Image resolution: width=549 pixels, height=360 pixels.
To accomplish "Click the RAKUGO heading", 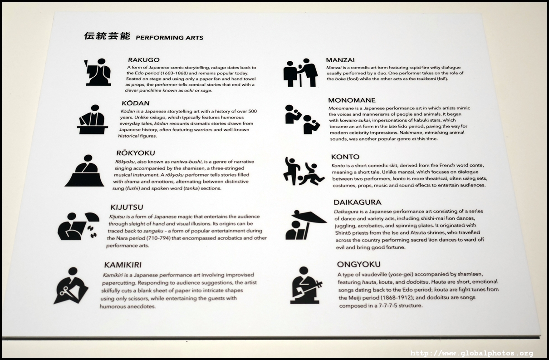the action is point(144,60).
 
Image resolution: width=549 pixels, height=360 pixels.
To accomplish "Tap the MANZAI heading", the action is point(340,60).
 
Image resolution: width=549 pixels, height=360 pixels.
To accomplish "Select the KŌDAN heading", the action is point(136,103).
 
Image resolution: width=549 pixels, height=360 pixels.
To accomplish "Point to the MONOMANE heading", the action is point(352,100).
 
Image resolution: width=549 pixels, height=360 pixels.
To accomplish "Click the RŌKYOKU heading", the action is point(136,153).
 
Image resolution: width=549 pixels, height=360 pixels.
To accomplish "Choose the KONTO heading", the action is point(345,157).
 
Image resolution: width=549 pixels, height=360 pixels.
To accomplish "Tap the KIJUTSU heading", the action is point(127,207).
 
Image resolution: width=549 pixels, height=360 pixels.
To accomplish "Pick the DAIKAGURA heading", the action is point(358,202).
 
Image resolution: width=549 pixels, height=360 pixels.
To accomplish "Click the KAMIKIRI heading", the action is point(123,265).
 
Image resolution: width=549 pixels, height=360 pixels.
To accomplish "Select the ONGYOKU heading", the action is point(358,264).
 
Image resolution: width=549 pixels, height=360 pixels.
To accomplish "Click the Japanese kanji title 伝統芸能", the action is point(107,36).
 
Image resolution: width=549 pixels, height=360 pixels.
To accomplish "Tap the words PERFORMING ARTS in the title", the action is point(170,38).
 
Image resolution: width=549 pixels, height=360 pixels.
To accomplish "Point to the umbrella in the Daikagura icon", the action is point(309,217).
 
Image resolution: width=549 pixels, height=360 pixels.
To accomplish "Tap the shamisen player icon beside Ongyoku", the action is point(306,285).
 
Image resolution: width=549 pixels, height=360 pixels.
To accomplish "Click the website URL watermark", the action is point(471,353).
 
